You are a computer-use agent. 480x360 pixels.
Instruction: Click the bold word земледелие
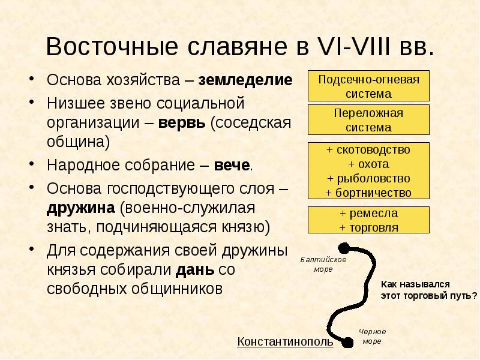coord(246,80)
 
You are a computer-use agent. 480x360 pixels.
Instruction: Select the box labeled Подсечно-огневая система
coord(368,86)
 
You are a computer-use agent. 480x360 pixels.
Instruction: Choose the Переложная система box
coord(368,120)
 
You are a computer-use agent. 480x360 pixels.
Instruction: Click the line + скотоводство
coord(368,149)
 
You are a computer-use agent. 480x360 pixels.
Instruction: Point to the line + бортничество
coord(368,193)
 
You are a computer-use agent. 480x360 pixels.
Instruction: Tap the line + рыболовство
coord(368,178)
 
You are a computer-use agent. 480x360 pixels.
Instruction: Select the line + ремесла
coord(368,214)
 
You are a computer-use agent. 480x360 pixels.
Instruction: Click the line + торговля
coord(368,227)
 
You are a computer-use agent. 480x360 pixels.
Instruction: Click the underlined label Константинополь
coord(285,342)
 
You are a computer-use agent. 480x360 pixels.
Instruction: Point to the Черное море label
coord(372,336)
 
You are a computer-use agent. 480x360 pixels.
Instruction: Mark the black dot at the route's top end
coord(344,247)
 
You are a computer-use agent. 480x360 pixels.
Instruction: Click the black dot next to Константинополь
coord(347,343)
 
